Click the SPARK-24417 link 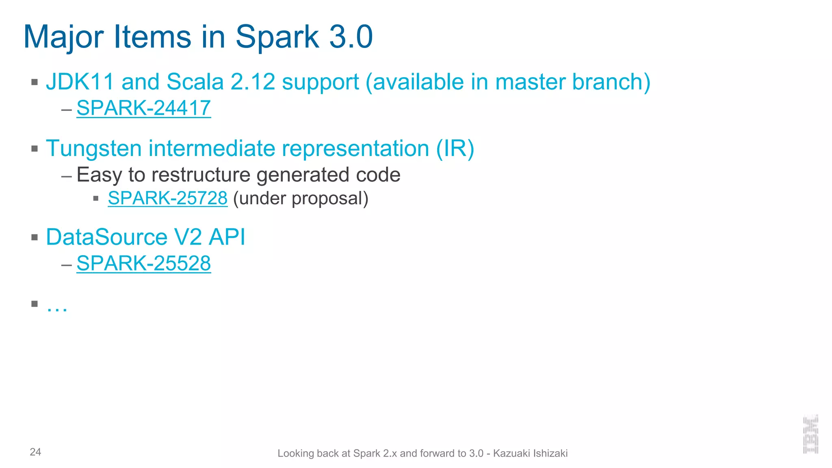pos(143,108)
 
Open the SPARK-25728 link pos(167,198)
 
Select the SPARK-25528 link pos(143,263)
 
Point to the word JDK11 pos(80,82)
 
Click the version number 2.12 pos(253,82)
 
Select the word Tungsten pos(94,148)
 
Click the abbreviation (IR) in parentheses pos(455,148)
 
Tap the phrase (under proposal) pos(301,198)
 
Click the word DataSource pos(106,237)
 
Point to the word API pos(227,237)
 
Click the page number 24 pos(35,452)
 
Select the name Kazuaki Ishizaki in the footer pos(530,453)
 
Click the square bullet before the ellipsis pos(35,303)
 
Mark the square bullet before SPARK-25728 pos(96,199)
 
